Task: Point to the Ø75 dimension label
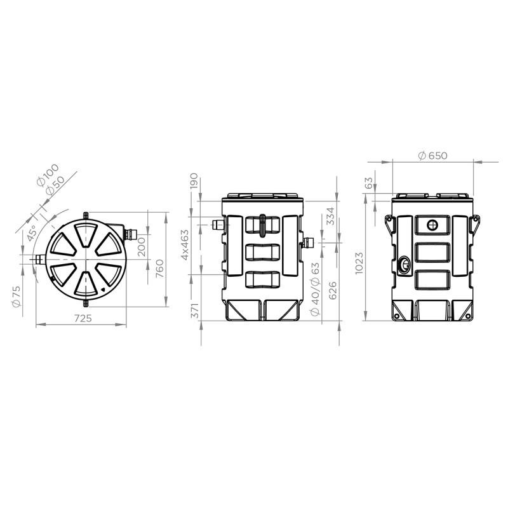coord(17,294)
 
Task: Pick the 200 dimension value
coord(142,243)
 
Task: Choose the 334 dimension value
coord(330,216)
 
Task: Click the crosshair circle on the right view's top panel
coord(432,224)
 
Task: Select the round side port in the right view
coord(404,263)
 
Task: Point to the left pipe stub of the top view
coord(38,259)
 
